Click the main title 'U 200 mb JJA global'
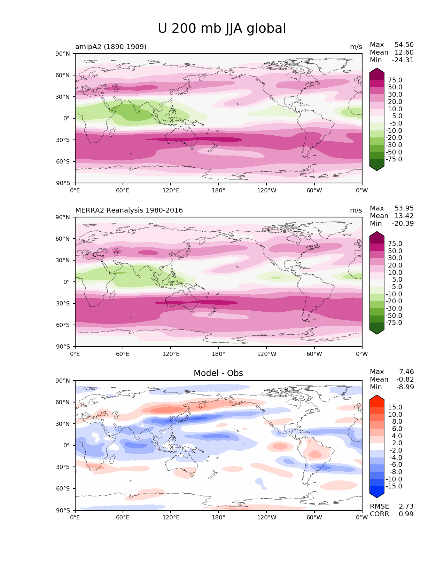pyautogui.click(x=222, y=29)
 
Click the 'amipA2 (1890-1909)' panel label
pyautogui.click(x=111, y=47)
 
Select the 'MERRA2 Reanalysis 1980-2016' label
pyautogui.click(x=129, y=210)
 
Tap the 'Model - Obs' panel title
pyautogui.click(x=218, y=373)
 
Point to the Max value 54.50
pyautogui.click(x=404, y=45)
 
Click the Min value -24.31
pyautogui.click(x=403, y=60)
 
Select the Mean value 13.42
pyautogui.click(x=404, y=216)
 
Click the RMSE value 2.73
pyautogui.click(x=406, y=507)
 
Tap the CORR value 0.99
pyautogui.click(x=406, y=514)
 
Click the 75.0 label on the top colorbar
pyautogui.click(x=395, y=80)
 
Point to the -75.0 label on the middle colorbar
pyautogui.click(x=394, y=323)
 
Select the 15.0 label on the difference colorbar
pyautogui.click(x=395, y=407)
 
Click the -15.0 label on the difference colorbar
pyautogui.click(x=394, y=486)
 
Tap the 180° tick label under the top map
pyautogui.click(x=218, y=190)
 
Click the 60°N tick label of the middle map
pyautogui.click(x=63, y=239)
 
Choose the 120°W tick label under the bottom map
pyautogui.click(x=266, y=517)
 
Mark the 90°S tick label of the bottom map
pyautogui.click(x=63, y=510)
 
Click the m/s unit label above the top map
pyautogui.click(x=356, y=47)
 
